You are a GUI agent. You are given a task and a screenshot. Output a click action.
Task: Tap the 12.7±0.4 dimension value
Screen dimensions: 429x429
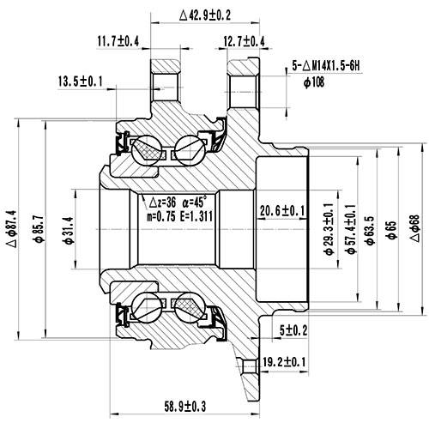coord(244,40)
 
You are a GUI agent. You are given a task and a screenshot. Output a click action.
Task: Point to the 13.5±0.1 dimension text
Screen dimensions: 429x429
coord(81,82)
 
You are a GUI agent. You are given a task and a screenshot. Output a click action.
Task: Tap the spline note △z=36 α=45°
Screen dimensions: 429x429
coord(178,202)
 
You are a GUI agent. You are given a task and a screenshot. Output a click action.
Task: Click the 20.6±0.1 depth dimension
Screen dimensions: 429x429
coord(283,210)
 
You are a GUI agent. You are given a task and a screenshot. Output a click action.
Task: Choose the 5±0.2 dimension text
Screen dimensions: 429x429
coord(293,329)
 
